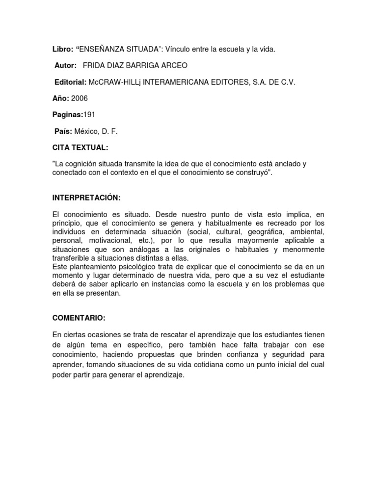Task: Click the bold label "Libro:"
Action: [62, 50]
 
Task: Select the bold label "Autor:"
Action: [66, 65]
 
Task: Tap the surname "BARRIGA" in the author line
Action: [148, 65]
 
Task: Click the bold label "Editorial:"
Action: [70, 82]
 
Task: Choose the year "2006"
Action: [80, 99]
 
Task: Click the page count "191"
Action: [88, 115]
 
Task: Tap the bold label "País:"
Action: [63, 131]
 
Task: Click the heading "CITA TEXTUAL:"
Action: [81, 147]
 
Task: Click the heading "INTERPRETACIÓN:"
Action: [86, 197]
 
